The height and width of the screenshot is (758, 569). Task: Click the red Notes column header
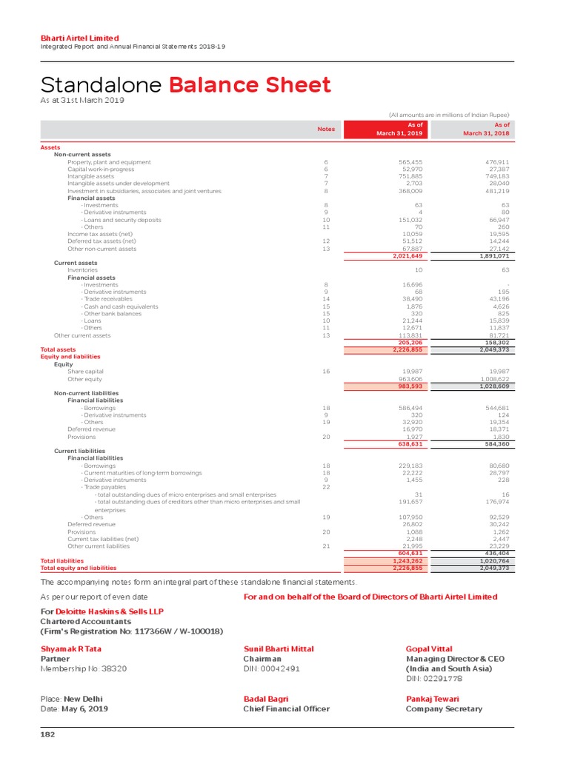(326, 129)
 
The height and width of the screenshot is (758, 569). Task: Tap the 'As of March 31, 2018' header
(486, 129)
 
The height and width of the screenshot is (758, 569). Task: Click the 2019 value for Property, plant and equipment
(410, 162)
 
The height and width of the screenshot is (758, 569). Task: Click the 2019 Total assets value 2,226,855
(407, 349)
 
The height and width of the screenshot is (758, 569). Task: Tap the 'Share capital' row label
(85, 371)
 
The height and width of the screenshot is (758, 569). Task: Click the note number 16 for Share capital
(326, 371)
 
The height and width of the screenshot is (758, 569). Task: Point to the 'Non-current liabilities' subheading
(86, 393)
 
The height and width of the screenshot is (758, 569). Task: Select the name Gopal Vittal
(429, 649)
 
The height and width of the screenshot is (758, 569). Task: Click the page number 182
(47, 735)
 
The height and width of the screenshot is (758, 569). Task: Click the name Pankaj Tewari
(433, 698)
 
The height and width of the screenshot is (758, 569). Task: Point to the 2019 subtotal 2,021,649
(407, 256)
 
